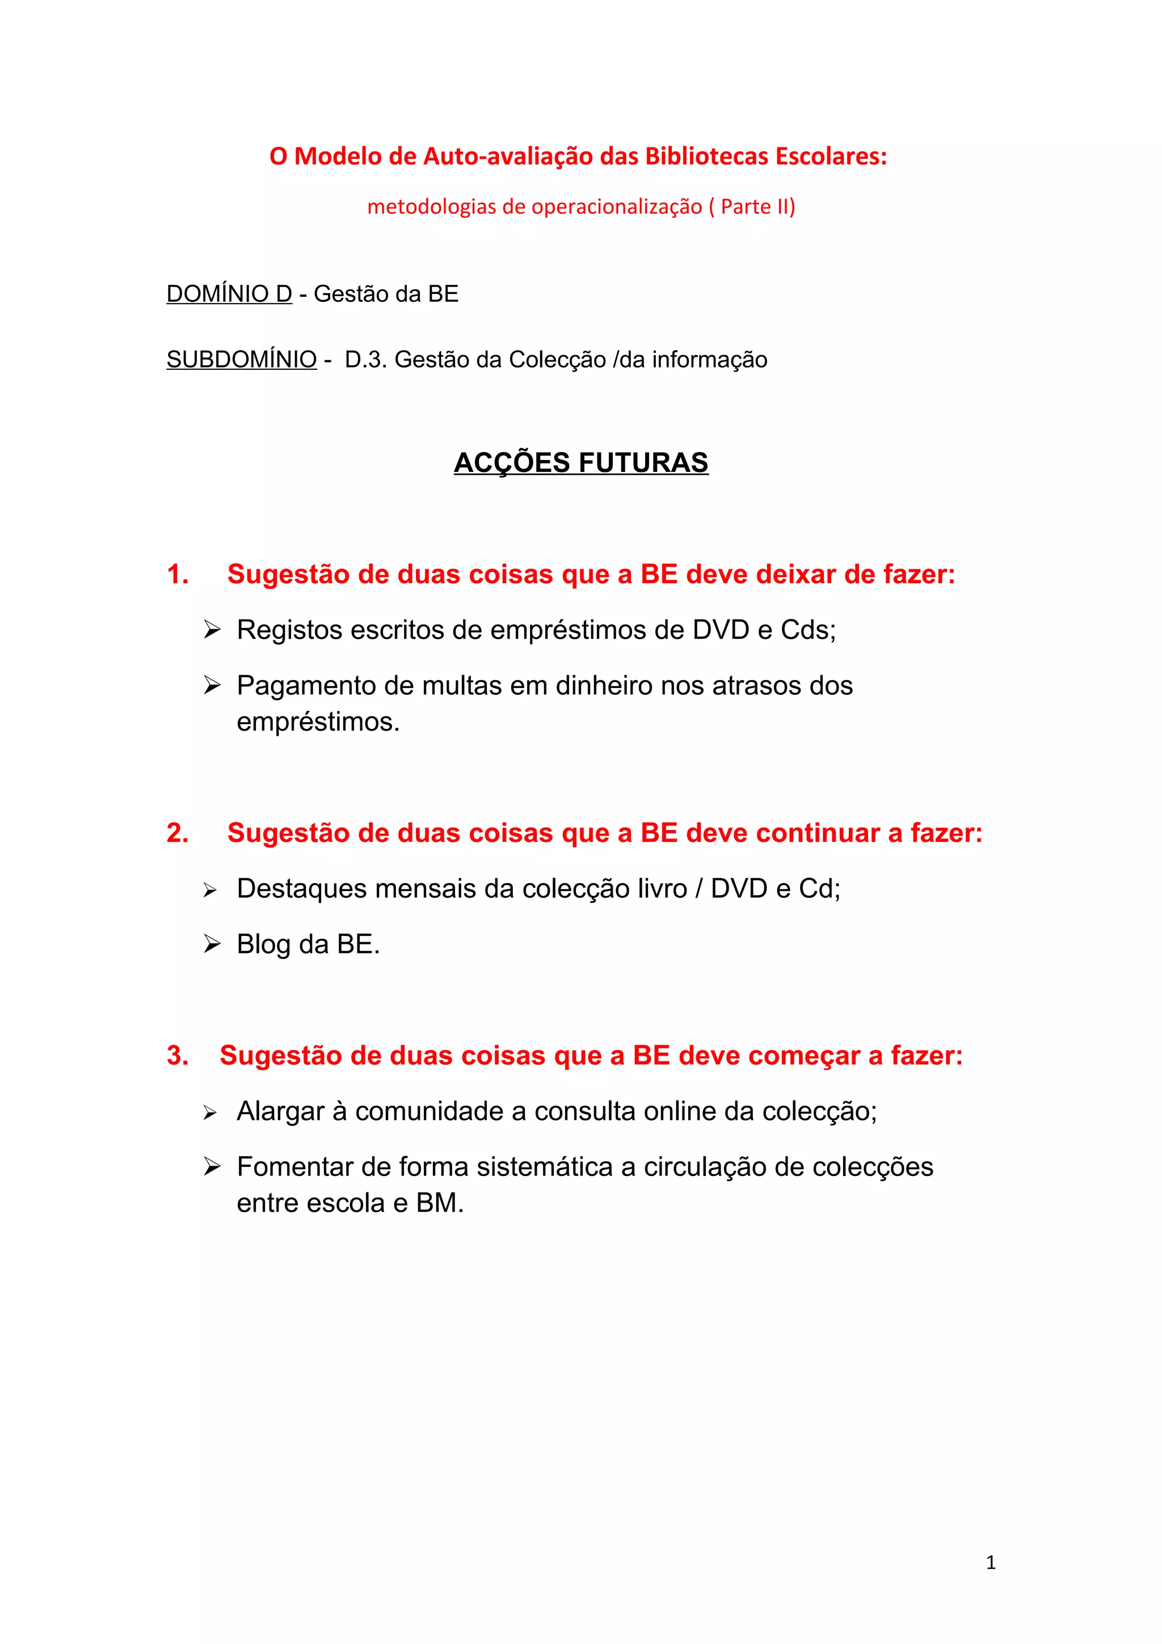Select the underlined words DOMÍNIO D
click(229, 294)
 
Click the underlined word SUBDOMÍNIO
click(241, 360)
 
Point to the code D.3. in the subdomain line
click(366, 360)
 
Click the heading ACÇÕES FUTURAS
click(580, 462)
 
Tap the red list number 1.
click(178, 574)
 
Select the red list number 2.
click(178, 833)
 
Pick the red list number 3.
click(178, 1055)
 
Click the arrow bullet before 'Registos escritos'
click(211, 630)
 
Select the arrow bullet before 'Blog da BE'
click(211, 945)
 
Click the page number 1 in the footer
click(991, 1562)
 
